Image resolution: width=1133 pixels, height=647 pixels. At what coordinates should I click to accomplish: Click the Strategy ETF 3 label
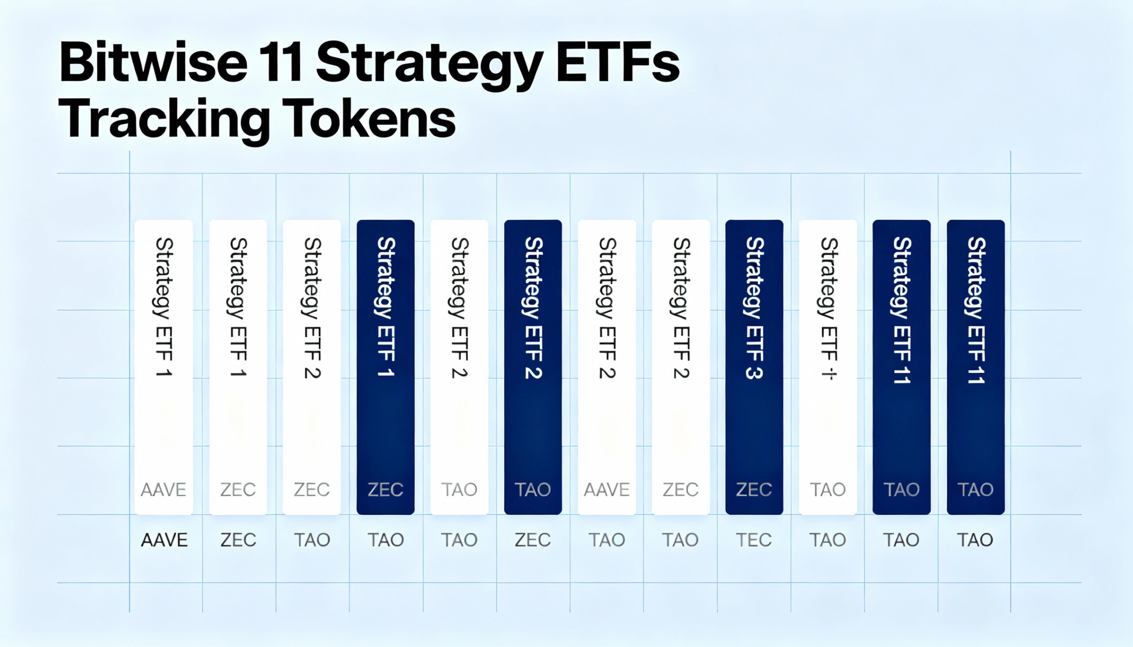coord(754,307)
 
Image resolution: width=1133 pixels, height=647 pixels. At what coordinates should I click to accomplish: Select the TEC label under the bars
coord(754,540)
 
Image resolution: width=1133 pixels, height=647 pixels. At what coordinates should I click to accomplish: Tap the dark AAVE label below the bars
coord(164,540)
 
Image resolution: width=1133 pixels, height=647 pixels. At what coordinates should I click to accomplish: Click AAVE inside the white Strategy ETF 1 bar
coord(163,490)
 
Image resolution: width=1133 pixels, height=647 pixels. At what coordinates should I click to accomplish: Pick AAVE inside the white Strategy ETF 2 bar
coord(606,490)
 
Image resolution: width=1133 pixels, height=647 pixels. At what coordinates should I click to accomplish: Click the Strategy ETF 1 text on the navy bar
coord(385,306)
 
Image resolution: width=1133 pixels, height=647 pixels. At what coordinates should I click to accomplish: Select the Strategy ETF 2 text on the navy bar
coord(533,307)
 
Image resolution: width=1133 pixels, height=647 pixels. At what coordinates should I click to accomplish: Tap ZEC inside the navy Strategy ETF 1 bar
coord(385,490)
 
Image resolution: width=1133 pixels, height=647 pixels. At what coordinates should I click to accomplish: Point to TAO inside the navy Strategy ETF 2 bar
coord(533,490)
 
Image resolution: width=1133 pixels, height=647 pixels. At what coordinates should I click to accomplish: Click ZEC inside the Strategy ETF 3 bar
coord(754,490)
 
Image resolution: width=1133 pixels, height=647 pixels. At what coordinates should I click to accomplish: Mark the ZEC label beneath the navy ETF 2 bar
coord(533,540)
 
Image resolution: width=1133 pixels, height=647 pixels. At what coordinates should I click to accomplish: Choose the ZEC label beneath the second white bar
coord(239,540)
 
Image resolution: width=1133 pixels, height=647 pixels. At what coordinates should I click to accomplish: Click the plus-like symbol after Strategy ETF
coord(829,374)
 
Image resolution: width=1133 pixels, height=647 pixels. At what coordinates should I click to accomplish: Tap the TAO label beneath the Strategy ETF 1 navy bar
coord(385,540)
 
